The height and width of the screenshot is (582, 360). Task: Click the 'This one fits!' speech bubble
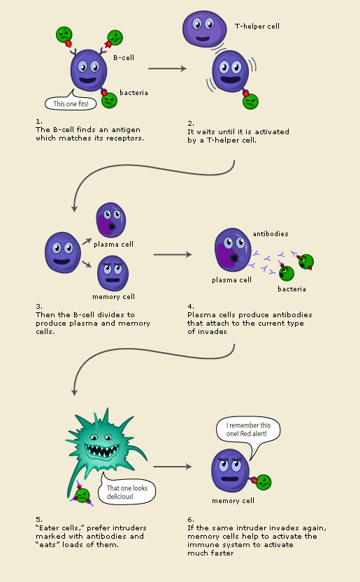coord(70,103)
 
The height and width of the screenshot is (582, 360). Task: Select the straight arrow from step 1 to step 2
coord(168,68)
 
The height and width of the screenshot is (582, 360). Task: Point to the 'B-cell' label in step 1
coord(124,58)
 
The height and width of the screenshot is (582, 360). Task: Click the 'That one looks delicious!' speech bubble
coord(127,493)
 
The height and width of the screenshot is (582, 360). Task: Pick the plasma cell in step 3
coord(110,221)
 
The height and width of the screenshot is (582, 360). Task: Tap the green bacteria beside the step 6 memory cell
coord(263,482)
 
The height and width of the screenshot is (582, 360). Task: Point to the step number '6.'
coord(190,519)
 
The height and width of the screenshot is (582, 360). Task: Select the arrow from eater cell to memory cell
coord(173,466)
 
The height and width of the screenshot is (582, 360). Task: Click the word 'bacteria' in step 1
coord(134,92)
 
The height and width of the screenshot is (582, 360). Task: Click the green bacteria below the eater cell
coord(82,495)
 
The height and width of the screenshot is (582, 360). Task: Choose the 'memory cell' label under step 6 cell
coord(233,501)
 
